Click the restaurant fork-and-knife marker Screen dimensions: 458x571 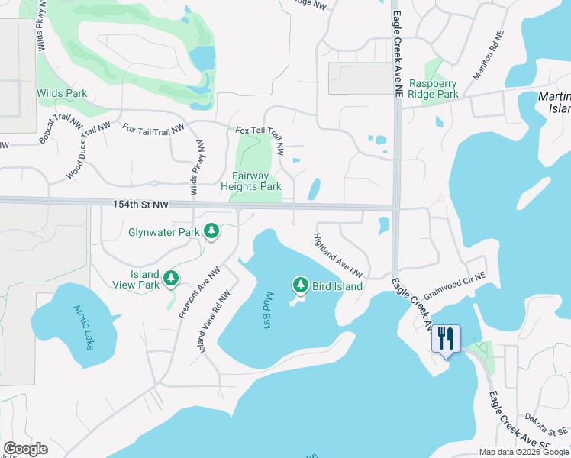pos(446,337)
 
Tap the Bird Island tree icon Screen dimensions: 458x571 pos(301,285)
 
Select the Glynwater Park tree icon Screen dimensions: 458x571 pos(211,231)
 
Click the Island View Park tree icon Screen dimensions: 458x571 pos(173,279)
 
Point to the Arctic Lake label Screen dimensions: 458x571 pos(83,327)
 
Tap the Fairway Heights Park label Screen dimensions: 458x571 pos(251,181)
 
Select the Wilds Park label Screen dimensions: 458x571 pos(62,93)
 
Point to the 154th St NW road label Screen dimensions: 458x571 pos(140,205)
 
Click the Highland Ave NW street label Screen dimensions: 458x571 pos(337,255)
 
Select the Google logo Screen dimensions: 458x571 pos(25,449)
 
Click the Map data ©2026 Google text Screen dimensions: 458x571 pos(524,452)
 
